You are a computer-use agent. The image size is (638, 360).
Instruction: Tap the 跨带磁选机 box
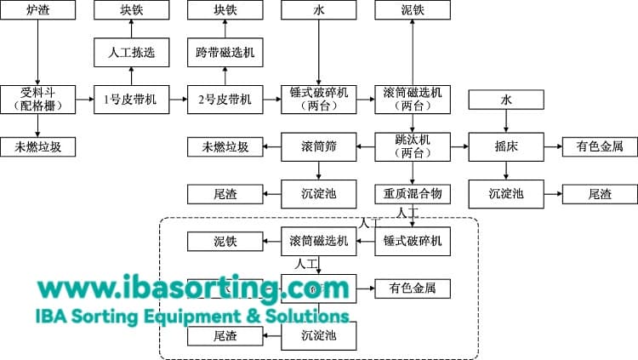225,53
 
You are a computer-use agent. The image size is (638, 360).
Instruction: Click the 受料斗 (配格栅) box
37,100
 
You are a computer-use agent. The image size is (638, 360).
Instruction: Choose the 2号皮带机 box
225,100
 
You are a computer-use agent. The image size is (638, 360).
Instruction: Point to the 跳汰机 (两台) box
413,146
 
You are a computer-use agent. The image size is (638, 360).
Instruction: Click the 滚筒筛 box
318,146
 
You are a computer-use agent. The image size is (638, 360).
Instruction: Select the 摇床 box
506,146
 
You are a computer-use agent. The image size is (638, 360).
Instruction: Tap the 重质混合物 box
413,193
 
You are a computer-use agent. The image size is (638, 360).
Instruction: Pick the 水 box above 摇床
506,100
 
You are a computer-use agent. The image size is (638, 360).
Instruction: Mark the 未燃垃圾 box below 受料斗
37,146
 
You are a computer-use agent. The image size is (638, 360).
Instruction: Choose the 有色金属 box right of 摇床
600,146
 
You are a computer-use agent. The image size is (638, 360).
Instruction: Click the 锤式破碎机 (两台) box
318,100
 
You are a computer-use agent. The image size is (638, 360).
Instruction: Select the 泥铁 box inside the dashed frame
225,241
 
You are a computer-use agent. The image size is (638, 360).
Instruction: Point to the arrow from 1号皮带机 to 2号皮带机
177,100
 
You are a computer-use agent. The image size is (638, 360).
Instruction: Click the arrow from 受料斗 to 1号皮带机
83,100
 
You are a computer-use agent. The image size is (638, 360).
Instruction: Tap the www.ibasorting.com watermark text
181,289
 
